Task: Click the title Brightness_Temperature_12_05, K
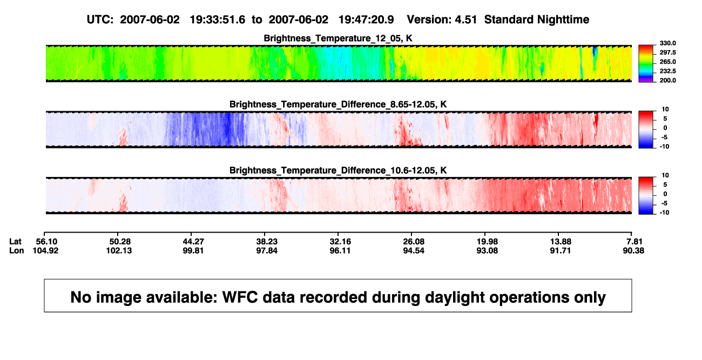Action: pyautogui.click(x=338, y=38)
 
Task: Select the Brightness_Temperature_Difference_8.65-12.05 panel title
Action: pyautogui.click(x=338, y=104)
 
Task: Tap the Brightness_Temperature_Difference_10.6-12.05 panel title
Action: pyautogui.click(x=338, y=171)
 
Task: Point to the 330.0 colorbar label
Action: pyautogui.click(x=667, y=43)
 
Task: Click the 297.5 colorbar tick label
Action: pyautogui.click(x=667, y=52)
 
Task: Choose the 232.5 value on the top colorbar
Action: pyautogui.click(x=667, y=71)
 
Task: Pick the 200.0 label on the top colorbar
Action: pyautogui.click(x=667, y=80)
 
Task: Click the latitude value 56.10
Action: pyautogui.click(x=46, y=242)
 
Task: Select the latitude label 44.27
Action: pyautogui.click(x=193, y=242)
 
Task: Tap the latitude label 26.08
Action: pyautogui.click(x=414, y=242)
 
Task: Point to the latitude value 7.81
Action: pyautogui.click(x=634, y=242)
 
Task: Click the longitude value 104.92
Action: pyautogui.click(x=45, y=250)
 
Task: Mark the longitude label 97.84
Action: pyautogui.click(x=267, y=250)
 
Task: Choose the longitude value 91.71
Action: pyautogui.click(x=561, y=250)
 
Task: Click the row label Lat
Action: pyautogui.click(x=15, y=242)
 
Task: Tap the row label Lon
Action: pyautogui.click(x=17, y=250)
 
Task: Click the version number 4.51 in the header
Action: pyautogui.click(x=466, y=20)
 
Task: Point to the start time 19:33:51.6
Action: pyautogui.click(x=218, y=20)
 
